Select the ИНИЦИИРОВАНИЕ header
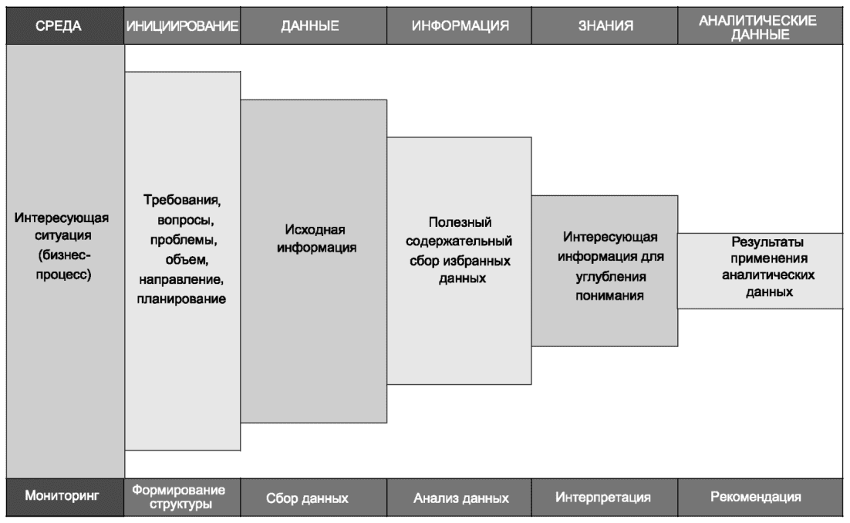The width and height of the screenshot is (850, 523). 182,25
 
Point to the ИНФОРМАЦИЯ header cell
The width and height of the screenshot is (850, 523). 460,25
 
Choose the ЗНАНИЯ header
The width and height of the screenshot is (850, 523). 605,25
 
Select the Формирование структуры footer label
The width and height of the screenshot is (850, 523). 182,497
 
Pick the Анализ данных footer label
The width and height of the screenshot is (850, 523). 460,498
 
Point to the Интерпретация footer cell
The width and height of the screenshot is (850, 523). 605,497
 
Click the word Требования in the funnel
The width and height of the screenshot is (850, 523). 183,201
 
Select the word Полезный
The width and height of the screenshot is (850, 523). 460,223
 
